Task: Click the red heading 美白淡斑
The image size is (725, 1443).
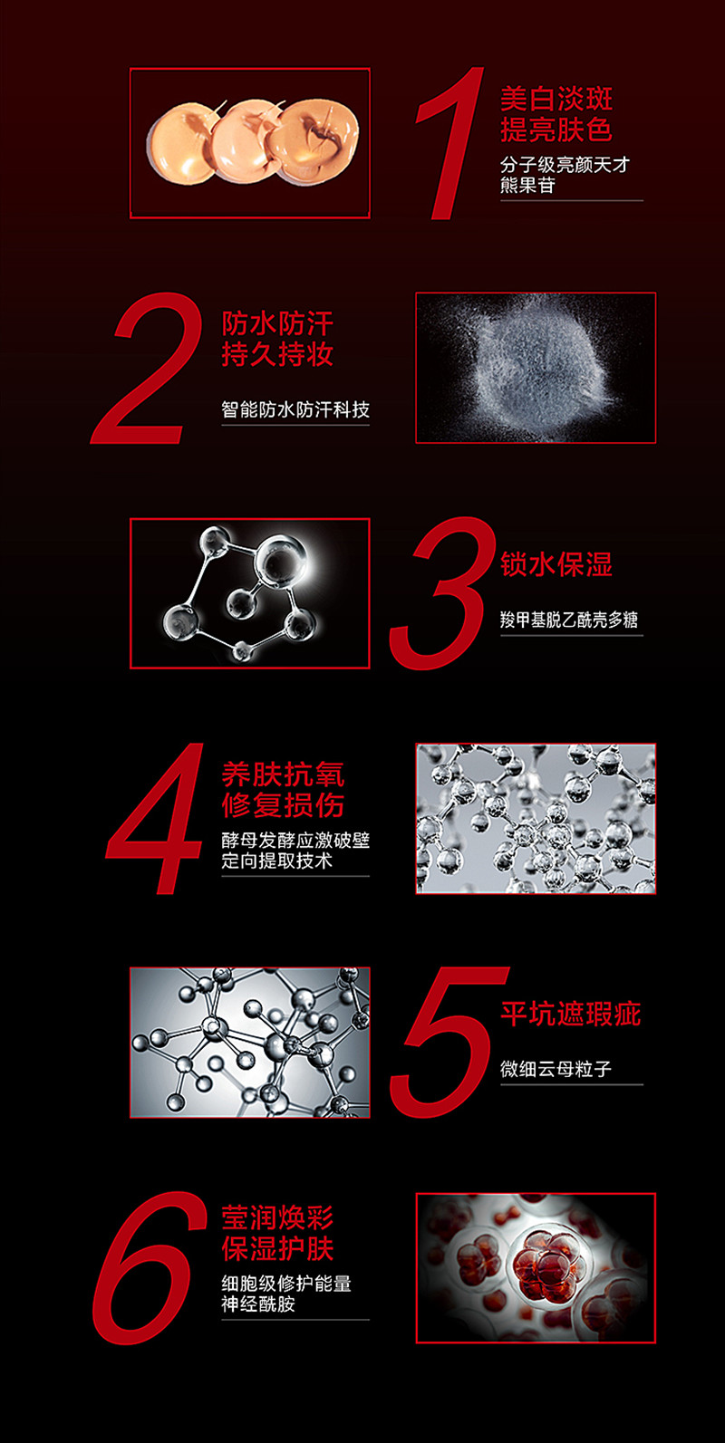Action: [x=556, y=100]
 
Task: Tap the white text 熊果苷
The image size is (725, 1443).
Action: [x=527, y=186]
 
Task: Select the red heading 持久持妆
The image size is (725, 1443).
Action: [x=277, y=354]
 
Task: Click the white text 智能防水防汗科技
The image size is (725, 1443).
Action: [x=295, y=409]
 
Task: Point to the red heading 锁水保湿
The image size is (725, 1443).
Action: [x=556, y=564]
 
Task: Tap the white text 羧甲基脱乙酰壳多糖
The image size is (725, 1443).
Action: [x=569, y=620]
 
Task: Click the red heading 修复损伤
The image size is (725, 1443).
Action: [x=283, y=805]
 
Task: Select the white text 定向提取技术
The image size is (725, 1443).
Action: [x=276, y=861]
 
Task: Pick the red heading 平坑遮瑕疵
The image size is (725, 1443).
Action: [x=570, y=1014]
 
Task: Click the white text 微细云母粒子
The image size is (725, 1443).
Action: [x=556, y=1070]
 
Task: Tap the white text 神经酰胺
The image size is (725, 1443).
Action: [x=258, y=1304]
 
